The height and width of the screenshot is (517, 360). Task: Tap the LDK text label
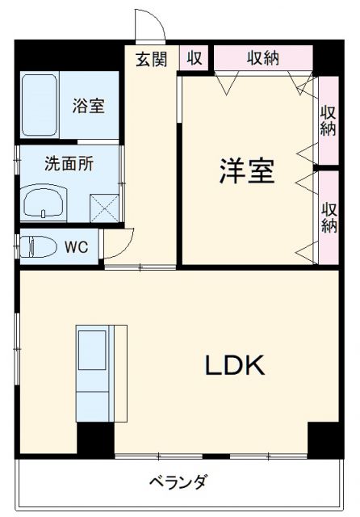tap(234, 366)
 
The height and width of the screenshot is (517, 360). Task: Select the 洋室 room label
tap(247, 171)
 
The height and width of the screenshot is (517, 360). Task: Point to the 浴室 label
tap(88, 106)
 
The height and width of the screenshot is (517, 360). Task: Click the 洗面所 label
tap(69, 162)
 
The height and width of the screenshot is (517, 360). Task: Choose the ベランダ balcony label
tap(178, 483)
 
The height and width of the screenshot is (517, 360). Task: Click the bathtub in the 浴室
tap(39, 106)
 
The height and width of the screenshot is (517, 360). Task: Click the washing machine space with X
tap(103, 207)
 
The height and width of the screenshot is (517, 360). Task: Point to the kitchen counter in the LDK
tap(101, 373)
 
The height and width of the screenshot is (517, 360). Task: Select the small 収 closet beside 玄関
tap(195, 58)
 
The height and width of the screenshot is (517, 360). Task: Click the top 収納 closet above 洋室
tap(262, 58)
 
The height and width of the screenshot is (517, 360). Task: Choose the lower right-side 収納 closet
tap(328, 216)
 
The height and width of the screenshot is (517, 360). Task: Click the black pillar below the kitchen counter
tap(95, 441)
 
